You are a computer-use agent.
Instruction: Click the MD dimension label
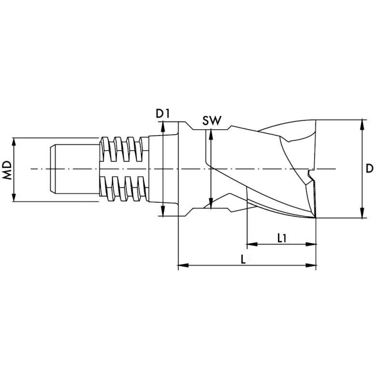pos(7,169)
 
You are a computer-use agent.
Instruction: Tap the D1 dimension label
pos(162,114)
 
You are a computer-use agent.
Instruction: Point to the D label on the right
pos(369,168)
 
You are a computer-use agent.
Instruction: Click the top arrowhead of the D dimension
pos(362,123)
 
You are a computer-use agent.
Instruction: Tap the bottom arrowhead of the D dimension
pos(362,214)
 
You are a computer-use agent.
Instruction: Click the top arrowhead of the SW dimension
pos(210,133)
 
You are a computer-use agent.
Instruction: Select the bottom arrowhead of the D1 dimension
pos(163,212)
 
